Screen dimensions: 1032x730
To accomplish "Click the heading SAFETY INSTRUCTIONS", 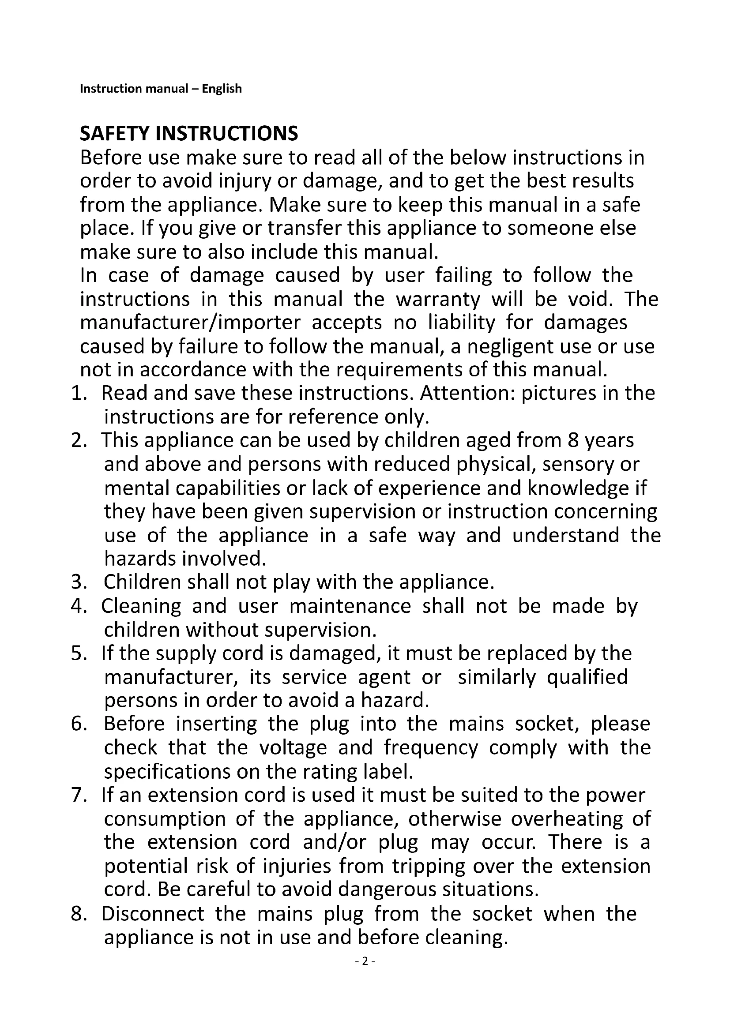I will [x=189, y=134].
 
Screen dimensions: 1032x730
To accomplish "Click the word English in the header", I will [x=222, y=89].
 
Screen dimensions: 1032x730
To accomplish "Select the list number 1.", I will [x=78, y=393].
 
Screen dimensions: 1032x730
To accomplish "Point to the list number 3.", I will [x=78, y=582].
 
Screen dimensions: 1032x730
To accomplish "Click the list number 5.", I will [x=78, y=653].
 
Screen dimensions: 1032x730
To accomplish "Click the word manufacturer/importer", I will [x=190, y=323].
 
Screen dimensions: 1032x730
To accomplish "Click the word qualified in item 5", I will [x=587, y=677].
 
